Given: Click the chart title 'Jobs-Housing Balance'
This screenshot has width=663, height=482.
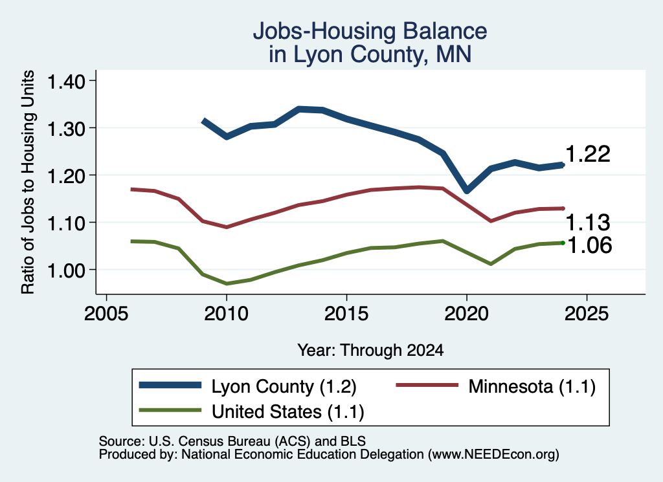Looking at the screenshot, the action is (x=370, y=31).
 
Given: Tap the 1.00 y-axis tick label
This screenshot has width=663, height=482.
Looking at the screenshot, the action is (x=67, y=270).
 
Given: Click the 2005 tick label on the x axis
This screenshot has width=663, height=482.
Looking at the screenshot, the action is (x=106, y=314).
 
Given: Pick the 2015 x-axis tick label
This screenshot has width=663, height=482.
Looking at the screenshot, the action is (x=346, y=314).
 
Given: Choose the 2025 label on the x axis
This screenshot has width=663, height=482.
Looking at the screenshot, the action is (x=587, y=314).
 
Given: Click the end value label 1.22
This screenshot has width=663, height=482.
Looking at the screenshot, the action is (x=588, y=154).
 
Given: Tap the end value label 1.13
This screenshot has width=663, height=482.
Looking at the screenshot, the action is (x=588, y=222).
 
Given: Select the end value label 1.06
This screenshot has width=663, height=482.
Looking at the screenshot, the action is (x=589, y=245).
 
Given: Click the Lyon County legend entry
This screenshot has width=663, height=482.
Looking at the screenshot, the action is (x=248, y=386).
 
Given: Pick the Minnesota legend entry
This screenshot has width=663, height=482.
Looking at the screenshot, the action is (x=495, y=386).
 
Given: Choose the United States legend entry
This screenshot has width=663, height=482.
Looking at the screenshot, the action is (x=252, y=411).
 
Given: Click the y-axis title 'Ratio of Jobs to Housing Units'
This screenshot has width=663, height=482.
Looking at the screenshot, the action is (x=28, y=182).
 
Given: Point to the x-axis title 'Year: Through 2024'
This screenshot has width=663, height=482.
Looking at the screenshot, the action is (x=370, y=350).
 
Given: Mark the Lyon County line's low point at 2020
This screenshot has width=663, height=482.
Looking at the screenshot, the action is (x=467, y=190).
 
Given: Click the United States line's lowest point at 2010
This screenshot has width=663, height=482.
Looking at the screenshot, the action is (x=227, y=283).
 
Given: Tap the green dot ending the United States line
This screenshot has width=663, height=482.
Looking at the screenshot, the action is (x=563, y=243).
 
